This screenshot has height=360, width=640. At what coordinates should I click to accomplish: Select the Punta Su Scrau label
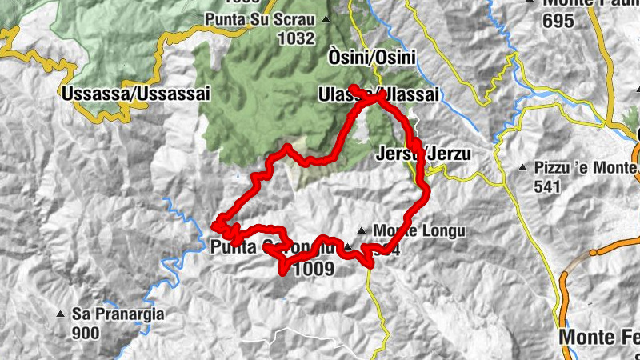(x=261, y=18)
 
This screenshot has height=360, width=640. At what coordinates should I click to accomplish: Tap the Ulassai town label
(x=378, y=94)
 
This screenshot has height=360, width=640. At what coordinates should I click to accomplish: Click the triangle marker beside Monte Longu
(x=362, y=230)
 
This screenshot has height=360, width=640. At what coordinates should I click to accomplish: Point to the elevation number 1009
(x=313, y=270)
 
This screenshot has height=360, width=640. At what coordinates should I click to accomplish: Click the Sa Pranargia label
(x=118, y=314)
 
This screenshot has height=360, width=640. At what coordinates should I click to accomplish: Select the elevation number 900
(x=85, y=332)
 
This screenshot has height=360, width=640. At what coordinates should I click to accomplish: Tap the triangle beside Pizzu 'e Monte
(x=522, y=168)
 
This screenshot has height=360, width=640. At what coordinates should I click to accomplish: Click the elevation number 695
(x=558, y=22)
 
